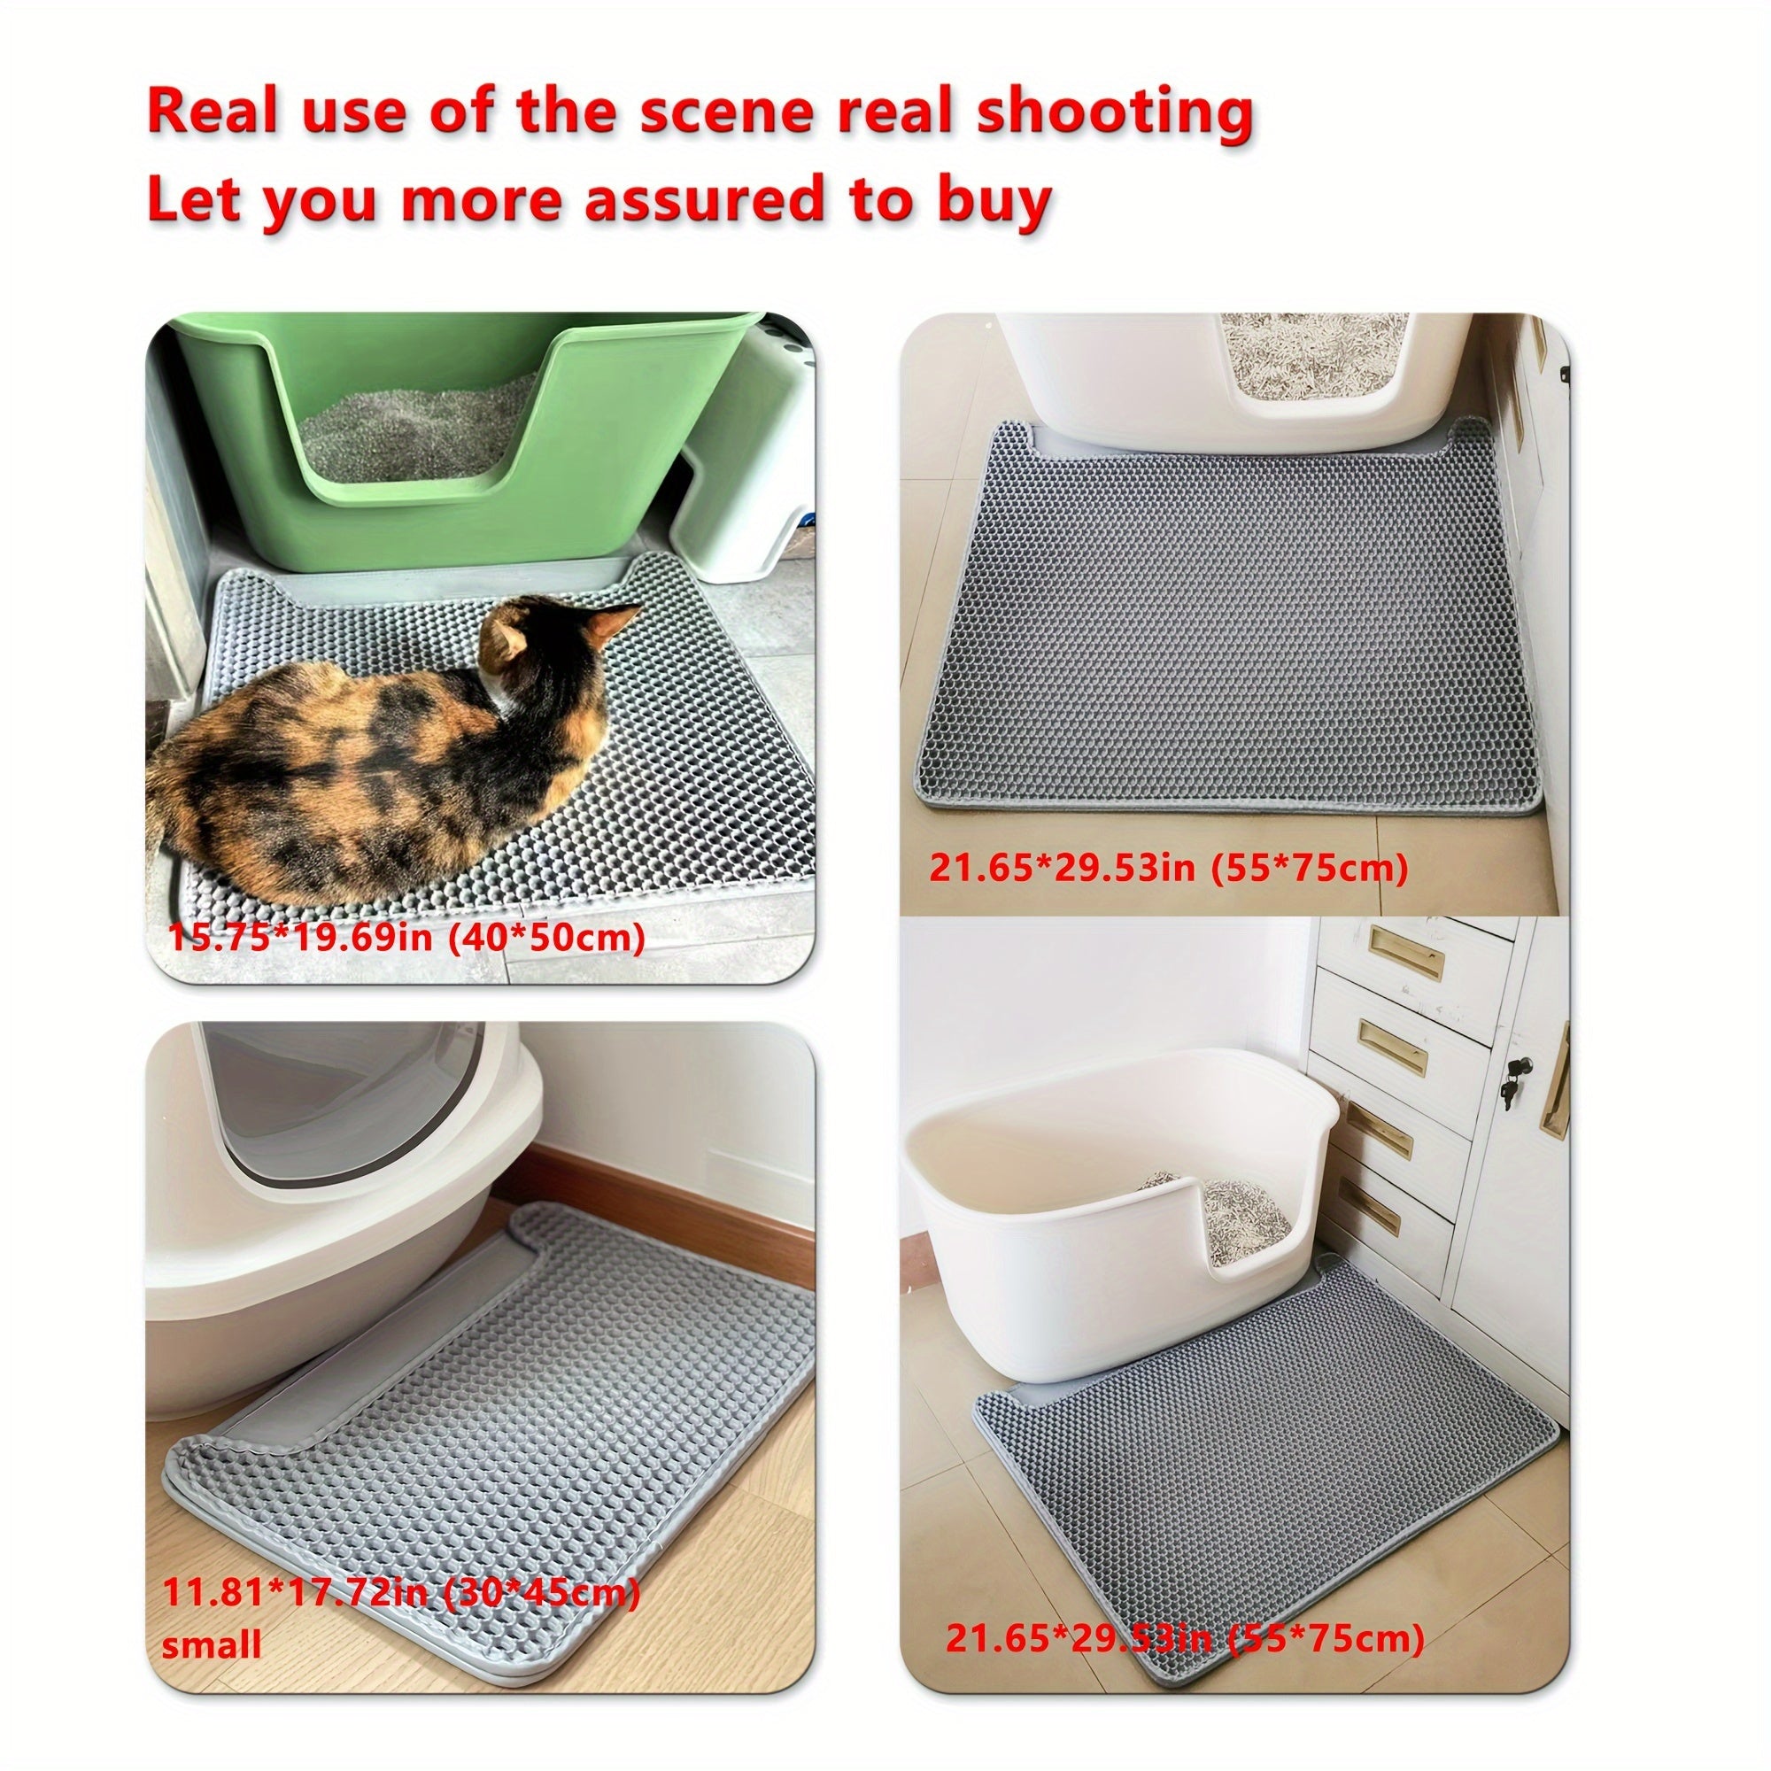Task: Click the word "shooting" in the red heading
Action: (1113, 113)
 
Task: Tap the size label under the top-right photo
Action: (1168, 866)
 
